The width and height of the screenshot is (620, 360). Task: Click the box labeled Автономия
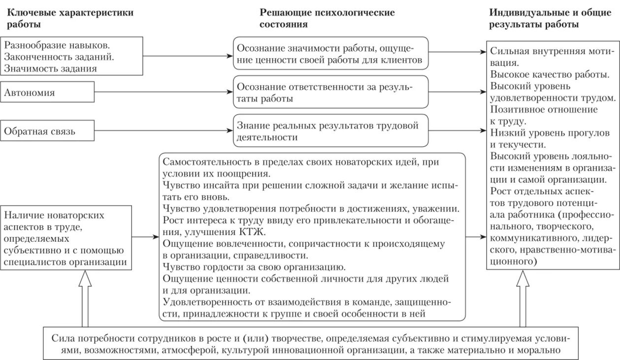pyautogui.click(x=47, y=92)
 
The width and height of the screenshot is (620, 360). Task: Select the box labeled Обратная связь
pyautogui.click(x=47, y=131)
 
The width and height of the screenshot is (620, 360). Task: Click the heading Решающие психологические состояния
pyautogui.click(x=327, y=18)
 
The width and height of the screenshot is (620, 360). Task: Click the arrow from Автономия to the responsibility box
pyautogui.click(x=163, y=92)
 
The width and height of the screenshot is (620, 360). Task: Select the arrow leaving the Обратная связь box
pyautogui.click(x=163, y=131)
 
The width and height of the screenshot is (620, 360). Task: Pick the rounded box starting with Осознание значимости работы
pyautogui.click(x=330, y=54)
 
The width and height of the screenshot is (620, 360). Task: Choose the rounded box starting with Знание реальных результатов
pyautogui.click(x=330, y=131)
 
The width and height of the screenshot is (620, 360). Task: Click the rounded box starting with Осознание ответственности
pyautogui.click(x=330, y=92)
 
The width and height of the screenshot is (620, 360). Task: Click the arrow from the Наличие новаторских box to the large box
pyautogui.click(x=146, y=237)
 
